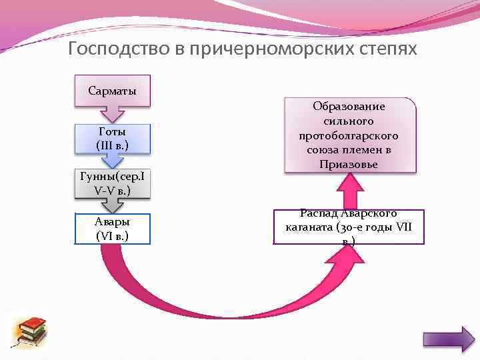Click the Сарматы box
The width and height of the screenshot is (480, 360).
[x=112, y=91]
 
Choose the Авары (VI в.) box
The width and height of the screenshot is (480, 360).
[x=112, y=229]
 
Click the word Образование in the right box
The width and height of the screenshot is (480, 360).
[x=349, y=107]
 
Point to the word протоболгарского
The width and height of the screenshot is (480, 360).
[x=349, y=136]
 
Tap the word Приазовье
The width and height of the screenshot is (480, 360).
[x=349, y=165]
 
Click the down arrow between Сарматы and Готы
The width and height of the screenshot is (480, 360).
[x=112, y=115]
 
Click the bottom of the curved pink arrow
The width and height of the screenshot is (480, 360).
[x=220, y=313]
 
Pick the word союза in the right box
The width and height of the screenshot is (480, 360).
[x=323, y=150]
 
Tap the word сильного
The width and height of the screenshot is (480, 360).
[x=349, y=121]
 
